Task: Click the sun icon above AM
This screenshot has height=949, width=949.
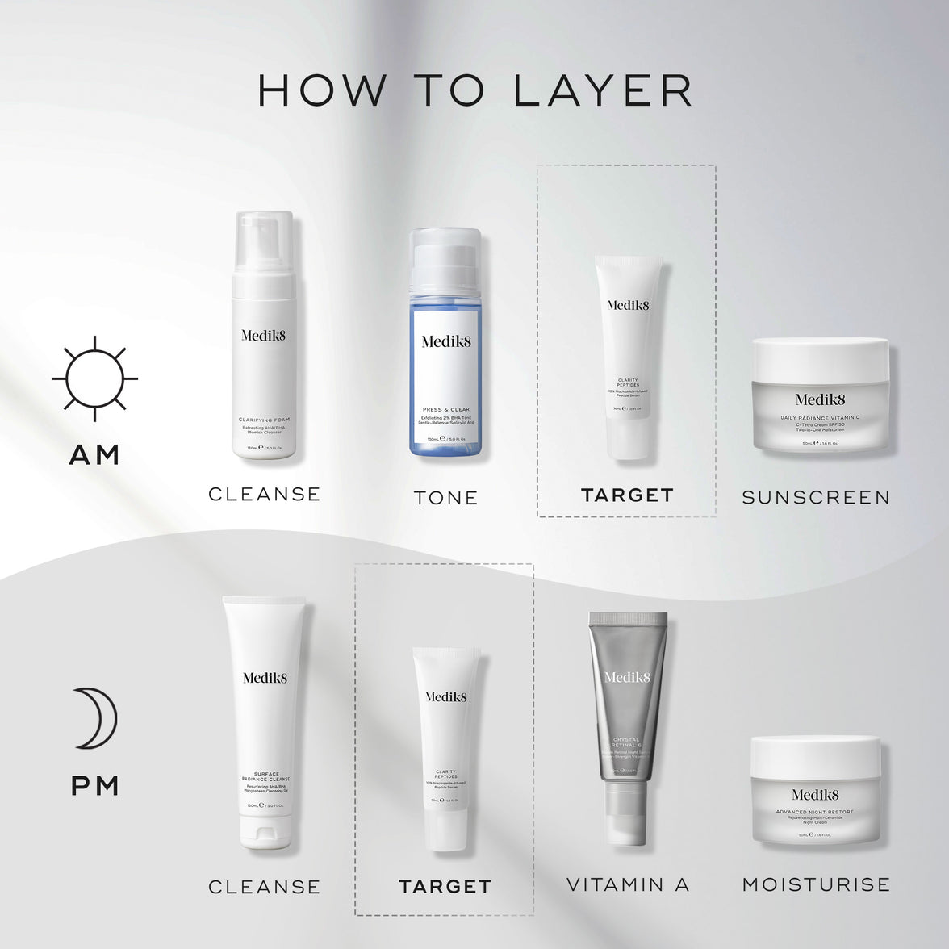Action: pos(94,378)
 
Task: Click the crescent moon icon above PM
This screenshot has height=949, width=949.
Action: pos(94,717)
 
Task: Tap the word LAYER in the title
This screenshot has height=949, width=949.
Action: pos(604,90)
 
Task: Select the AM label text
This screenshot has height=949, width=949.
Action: pos(94,455)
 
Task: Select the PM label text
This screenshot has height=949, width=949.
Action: pos(95,785)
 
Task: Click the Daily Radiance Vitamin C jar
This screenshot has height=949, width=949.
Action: pos(820,395)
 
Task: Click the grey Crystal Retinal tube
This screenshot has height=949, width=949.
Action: pos(627,718)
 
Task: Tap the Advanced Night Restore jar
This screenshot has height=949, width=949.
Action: pos(815,790)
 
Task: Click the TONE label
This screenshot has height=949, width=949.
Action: pos(446,498)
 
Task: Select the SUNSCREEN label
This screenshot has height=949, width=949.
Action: pos(816,498)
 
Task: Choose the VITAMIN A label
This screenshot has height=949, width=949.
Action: pos(627,885)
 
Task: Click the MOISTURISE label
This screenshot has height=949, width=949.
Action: pos(816,884)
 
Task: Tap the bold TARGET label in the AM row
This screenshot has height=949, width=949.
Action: pos(627,495)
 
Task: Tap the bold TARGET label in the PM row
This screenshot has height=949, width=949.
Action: pos(445,887)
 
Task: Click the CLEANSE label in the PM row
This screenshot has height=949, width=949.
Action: pos(264,887)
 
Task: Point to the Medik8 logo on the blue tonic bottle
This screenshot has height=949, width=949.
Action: pos(446,341)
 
